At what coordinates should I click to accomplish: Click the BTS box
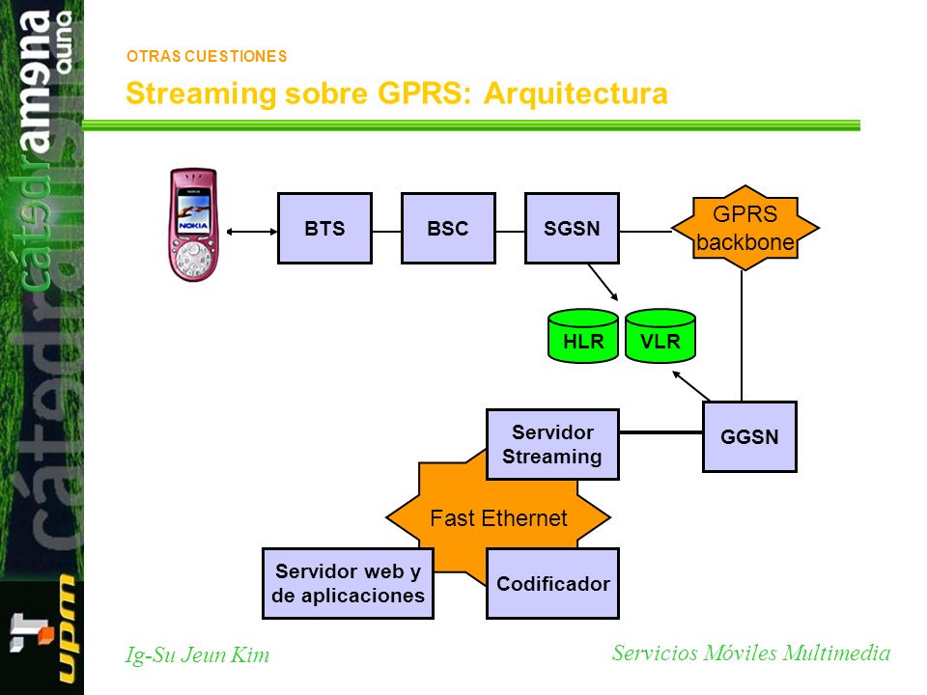click(324, 228)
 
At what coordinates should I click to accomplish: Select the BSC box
click(448, 228)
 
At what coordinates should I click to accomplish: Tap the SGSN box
click(572, 228)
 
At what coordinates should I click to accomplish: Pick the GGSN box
click(749, 436)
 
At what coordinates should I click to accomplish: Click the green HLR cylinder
click(583, 335)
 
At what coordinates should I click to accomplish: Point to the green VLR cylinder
click(660, 335)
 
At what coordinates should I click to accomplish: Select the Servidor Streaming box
click(552, 444)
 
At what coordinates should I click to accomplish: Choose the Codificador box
click(552, 583)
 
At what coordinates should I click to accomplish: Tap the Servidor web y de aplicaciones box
click(349, 583)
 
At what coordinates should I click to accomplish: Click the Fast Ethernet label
click(498, 518)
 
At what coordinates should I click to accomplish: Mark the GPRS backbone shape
click(744, 228)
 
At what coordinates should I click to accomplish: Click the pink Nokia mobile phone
click(193, 225)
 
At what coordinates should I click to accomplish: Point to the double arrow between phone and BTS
click(252, 232)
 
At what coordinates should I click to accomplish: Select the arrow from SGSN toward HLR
click(603, 282)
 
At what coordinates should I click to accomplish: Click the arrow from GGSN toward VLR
click(691, 386)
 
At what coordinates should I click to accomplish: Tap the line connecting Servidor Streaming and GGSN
click(660, 432)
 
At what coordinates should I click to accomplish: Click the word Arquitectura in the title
click(576, 94)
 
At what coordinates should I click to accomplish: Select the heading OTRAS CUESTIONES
click(207, 56)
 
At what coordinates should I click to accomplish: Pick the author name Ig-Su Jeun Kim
click(197, 654)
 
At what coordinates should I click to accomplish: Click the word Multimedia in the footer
click(836, 653)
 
